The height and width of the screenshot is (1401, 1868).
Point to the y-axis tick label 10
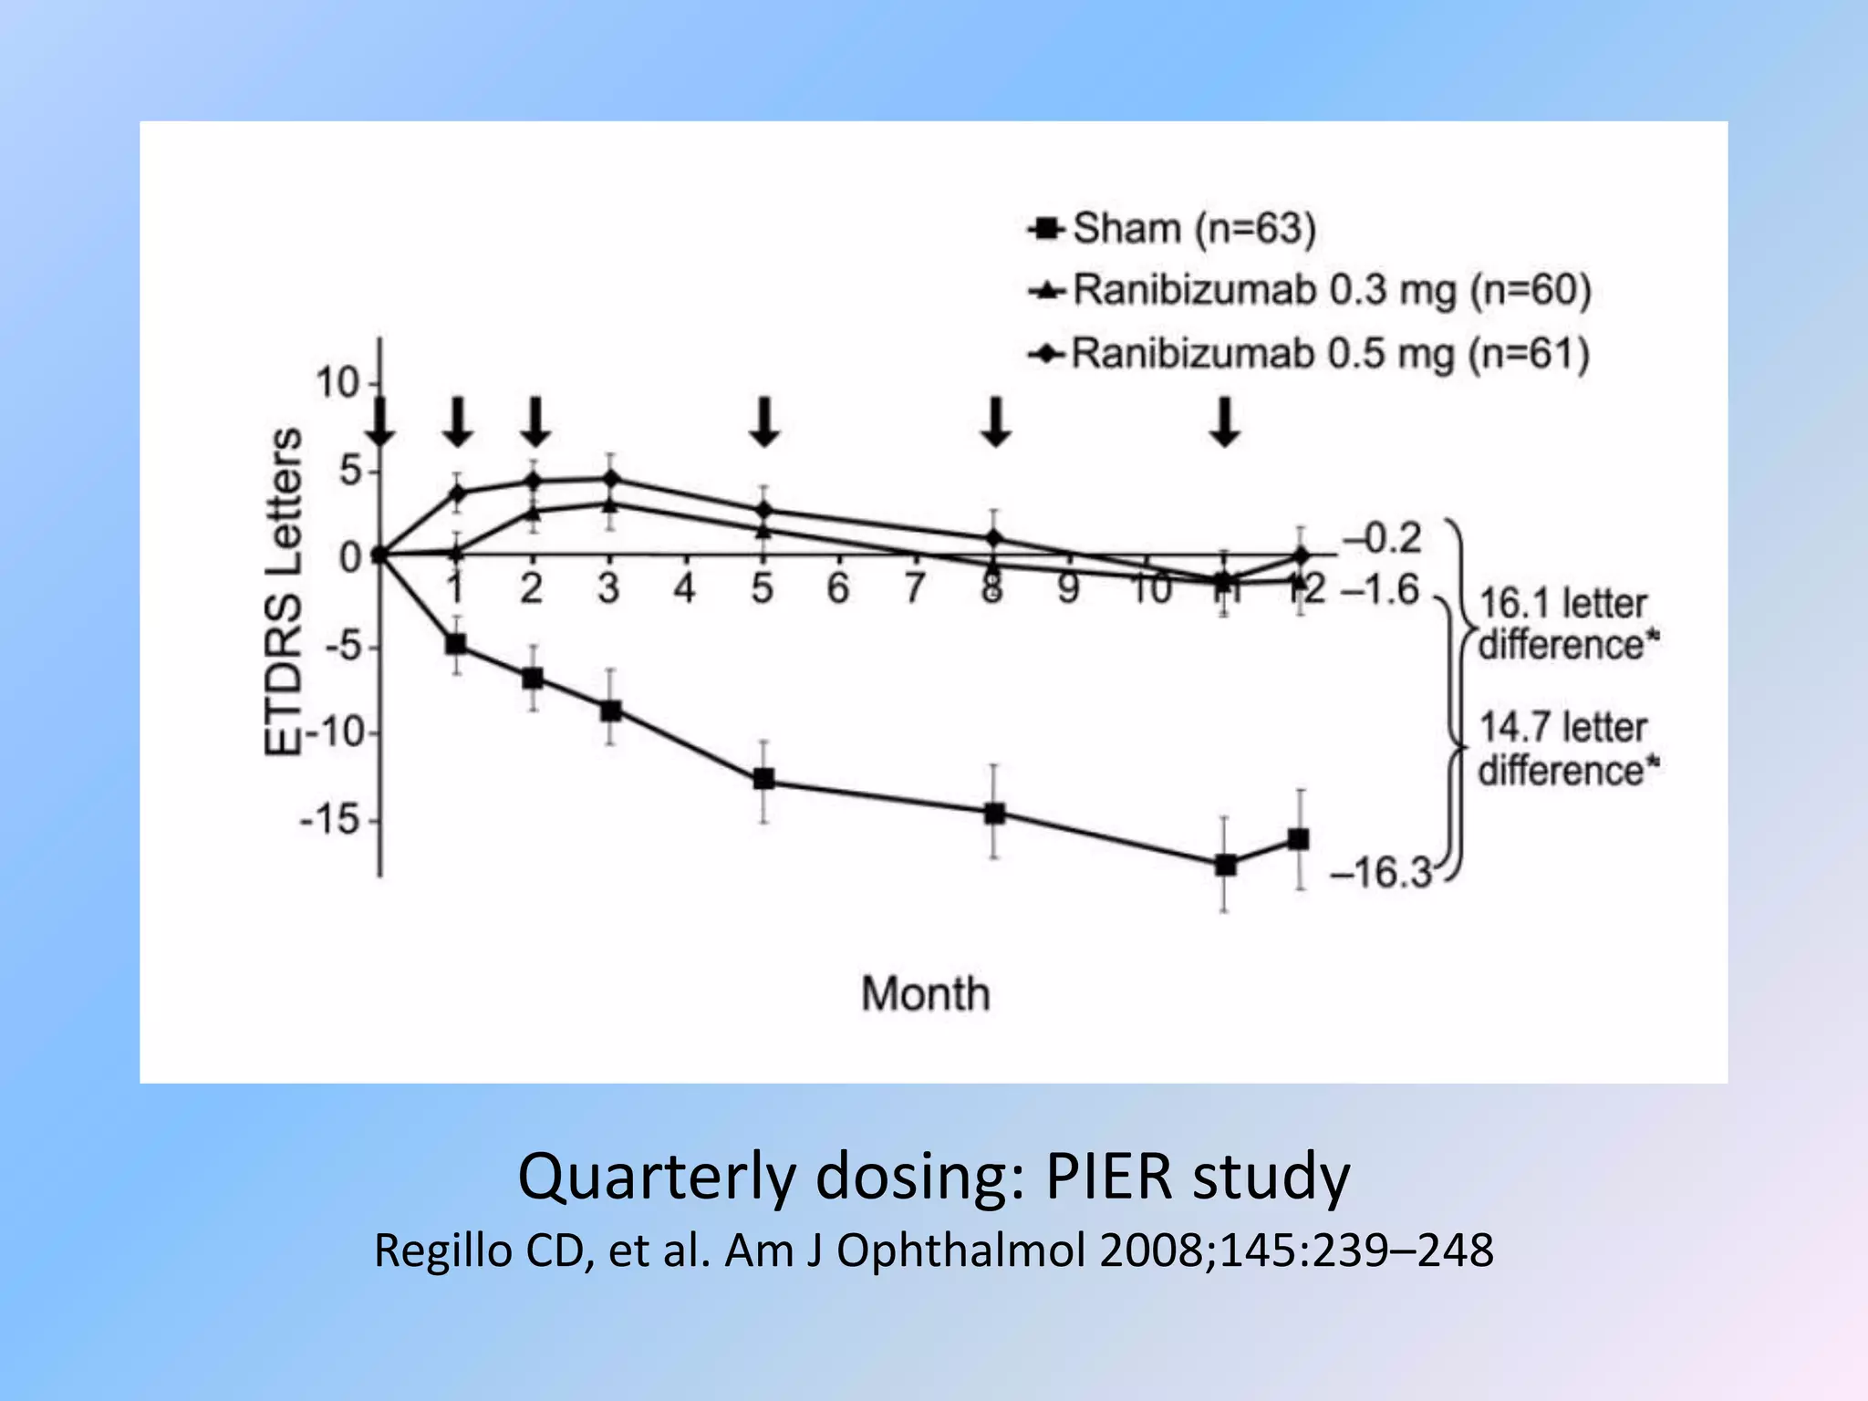pyautogui.click(x=337, y=383)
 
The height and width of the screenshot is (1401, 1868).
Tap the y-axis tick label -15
pyautogui.click(x=330, y=820)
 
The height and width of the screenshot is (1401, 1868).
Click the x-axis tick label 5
pyautogui.click(x=763, y=589)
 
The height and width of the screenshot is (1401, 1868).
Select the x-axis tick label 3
pyautogui.click(x=608, y=589)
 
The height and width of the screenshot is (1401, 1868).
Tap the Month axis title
pyautogui.click(x=925, y=993)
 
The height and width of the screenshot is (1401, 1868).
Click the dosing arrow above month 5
pyautogui.click(x=764, y=421)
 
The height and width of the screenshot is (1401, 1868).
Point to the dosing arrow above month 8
pyautogui.click(x=996, y=421)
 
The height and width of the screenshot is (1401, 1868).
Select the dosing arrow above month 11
pyautogui.click(x=1225, y=421)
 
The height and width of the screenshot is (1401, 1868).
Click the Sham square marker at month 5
pyautogui.click(x=763, y=779)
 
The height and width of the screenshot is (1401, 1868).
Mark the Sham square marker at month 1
pyautogui.click(x=456, y=644)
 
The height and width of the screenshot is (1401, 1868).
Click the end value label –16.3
pyautogui.click(x=1381, y=873)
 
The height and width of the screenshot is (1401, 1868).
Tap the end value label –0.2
pyautogui.click(x=1383, y=538)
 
